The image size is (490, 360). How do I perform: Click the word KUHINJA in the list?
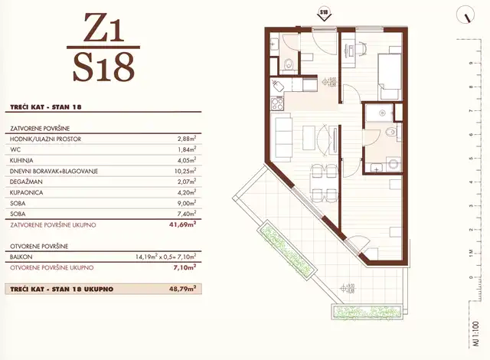(25, 162)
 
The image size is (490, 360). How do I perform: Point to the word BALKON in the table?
(23, 257)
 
